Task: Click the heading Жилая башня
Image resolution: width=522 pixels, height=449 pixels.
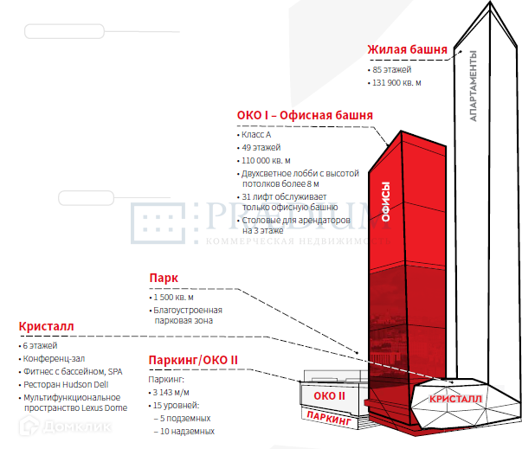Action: click(407, 49)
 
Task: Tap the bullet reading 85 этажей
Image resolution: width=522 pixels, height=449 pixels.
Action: click(392, 69)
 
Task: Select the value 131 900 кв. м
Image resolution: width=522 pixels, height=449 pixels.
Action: click(396, 83)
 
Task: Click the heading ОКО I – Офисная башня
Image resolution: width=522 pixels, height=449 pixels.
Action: click(305, 115)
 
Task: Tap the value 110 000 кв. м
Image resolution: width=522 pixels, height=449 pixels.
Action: click(270, 161)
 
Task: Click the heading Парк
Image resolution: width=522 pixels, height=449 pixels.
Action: click(164, 279)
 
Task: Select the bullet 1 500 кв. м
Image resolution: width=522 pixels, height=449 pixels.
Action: click(174, 298)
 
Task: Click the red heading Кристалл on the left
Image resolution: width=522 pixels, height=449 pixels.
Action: click(46, 327)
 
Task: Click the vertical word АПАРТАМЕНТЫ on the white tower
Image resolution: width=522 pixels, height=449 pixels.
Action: click(474, 87)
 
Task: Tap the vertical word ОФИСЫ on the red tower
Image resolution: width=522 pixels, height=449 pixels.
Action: click(386, 202)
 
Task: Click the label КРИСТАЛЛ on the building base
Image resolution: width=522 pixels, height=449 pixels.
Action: click(454, 399)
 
